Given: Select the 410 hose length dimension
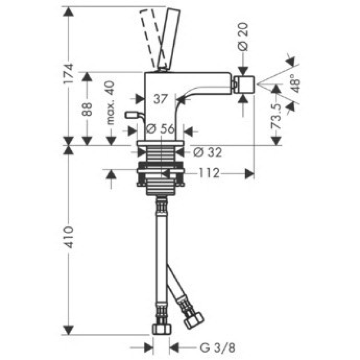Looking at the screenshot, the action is click(x=68, y=238).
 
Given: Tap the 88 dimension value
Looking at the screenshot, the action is click(x=87, y=109).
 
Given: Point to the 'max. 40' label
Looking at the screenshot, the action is click(x=110, y=103).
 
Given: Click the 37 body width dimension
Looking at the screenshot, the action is click(x=160, y=99).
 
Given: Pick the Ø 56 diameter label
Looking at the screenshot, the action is click(x=161, y=129).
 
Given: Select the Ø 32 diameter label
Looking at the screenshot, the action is click(x=207, y=152).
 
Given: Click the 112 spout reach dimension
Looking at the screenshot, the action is click(x=209, y=173).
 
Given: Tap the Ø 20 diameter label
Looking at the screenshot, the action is click(x=243, y=37).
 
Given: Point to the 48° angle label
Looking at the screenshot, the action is click(x=296, y=83).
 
